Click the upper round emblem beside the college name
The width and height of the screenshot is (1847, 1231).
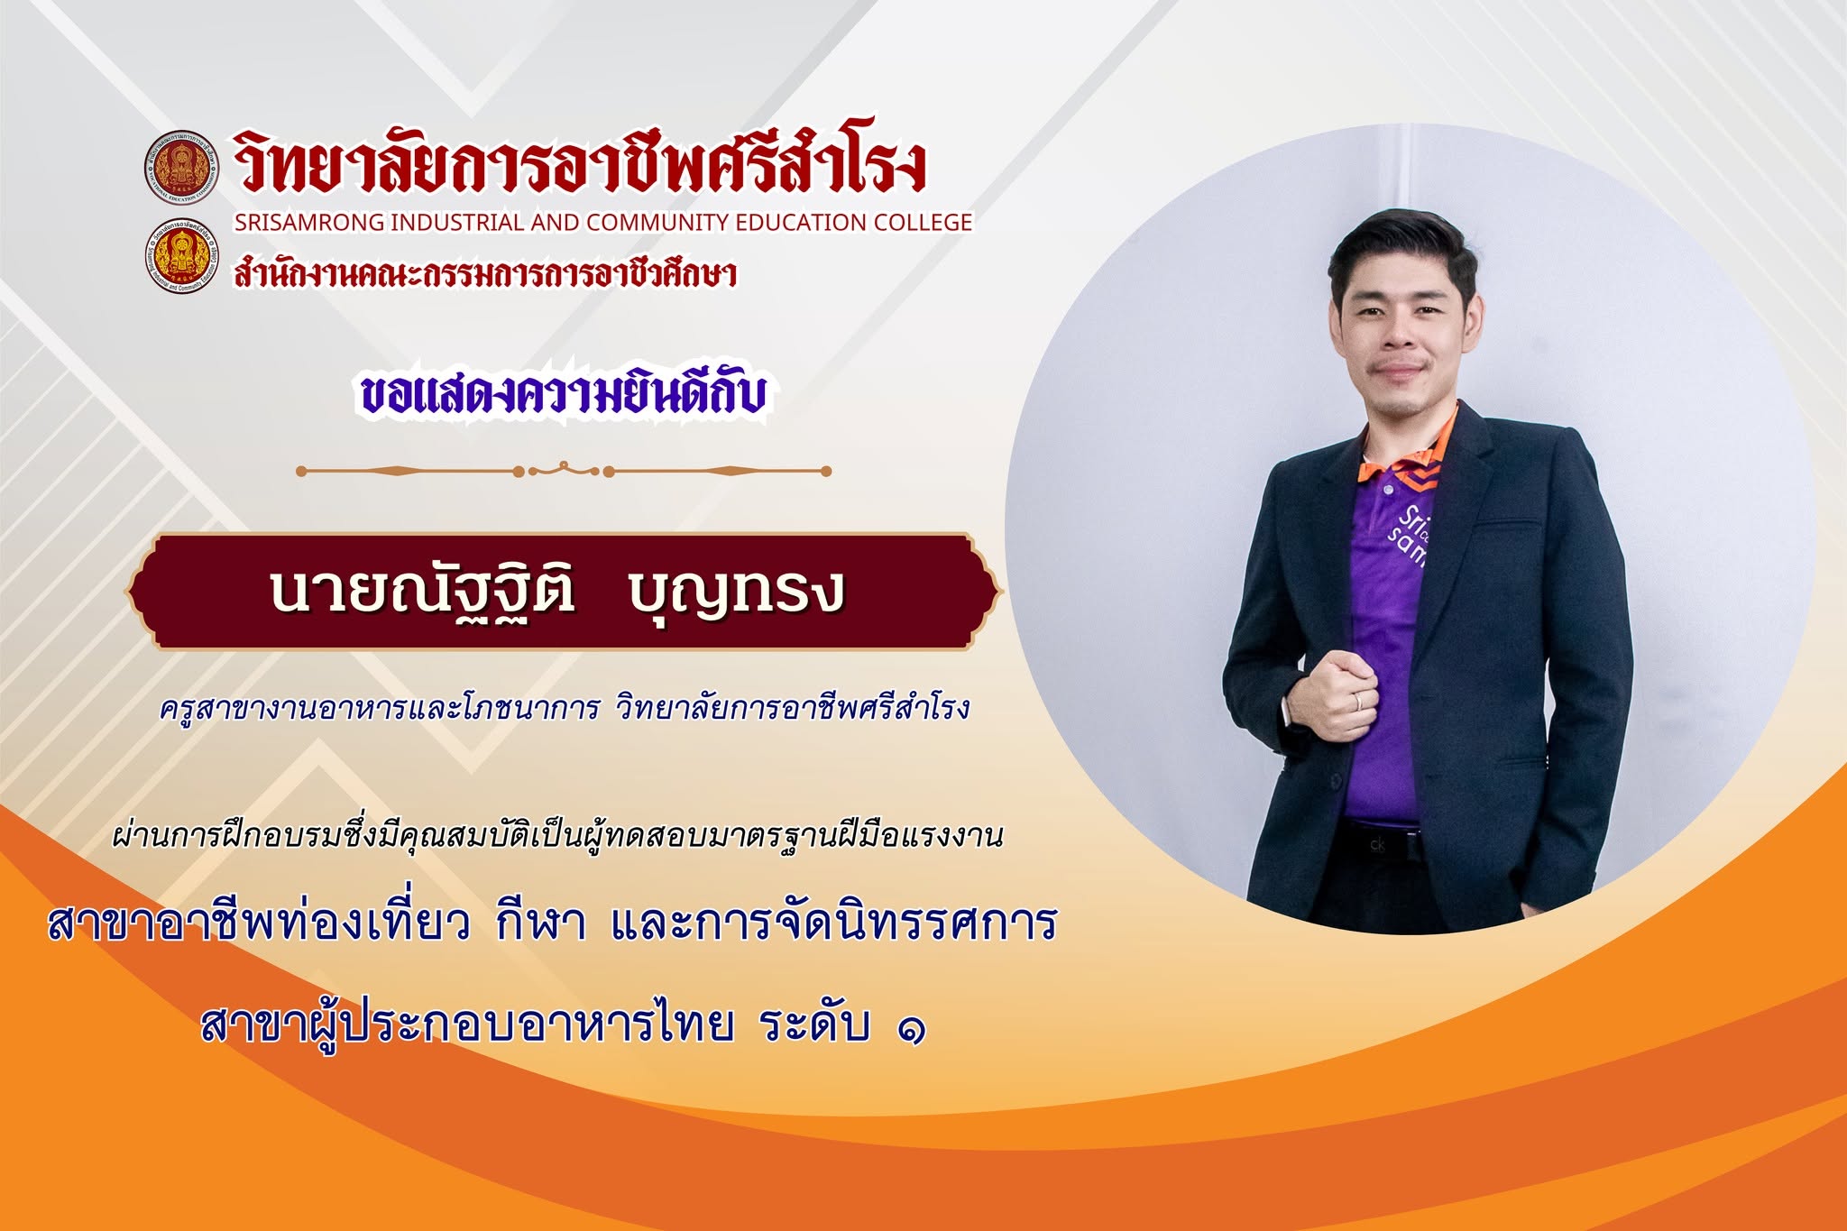click(182, 168)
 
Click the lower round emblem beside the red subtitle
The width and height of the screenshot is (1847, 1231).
click(182, 257)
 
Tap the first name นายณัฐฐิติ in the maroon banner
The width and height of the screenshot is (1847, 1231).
click(422, 593)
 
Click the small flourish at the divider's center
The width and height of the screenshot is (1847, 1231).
click(564, 469)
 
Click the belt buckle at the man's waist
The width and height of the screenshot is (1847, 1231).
click(1376, 843)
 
